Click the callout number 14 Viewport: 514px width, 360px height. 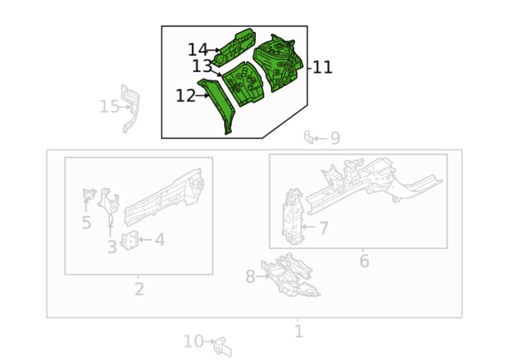coord(197,50)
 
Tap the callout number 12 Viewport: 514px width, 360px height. coord(186,96)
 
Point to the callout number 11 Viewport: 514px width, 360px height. coord(322,68)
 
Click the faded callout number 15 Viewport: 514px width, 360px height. coord(109,107)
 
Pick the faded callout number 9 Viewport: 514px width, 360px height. coord(335,138)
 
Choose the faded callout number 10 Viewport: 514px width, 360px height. coord(193,341)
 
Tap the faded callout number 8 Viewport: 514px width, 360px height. coord(250,277)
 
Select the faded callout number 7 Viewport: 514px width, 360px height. coord(324,228)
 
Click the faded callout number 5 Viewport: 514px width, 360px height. coord(86,223)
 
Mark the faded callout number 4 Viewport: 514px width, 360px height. coord(160,240)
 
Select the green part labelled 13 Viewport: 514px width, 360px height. coord(244,84)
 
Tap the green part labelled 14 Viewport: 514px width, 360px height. coord(235,47)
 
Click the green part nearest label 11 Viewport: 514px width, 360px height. coord(279,62)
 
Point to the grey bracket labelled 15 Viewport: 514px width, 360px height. coord(130,108)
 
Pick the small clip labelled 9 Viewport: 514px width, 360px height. coord(308,137)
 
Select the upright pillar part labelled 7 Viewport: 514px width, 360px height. coord(293,216)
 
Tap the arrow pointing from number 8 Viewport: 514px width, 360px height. coord(263,277)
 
